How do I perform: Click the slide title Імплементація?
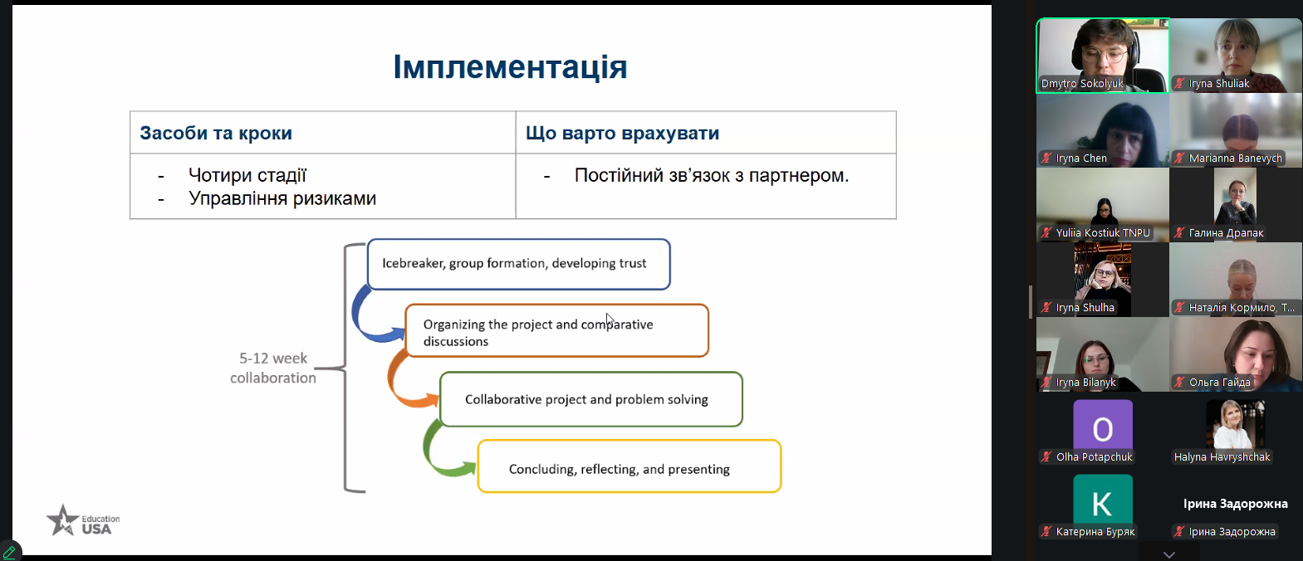(x=509, y=67)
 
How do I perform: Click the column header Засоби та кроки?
(x=216, y=133)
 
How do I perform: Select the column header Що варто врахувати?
(x=622, y=133)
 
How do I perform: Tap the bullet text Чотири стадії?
(x=247, y=175)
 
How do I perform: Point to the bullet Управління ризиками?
(x=282, y=198)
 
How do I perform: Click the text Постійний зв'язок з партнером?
(x=711, y=175)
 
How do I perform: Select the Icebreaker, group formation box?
(x=518, y=264)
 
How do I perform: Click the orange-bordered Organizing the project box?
(x=556, y=331)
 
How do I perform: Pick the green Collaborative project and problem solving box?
(x=590, y=399)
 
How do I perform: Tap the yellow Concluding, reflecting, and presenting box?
(x=629, y=466)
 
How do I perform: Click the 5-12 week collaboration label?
(x=273, y=368)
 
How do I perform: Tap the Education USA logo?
(x=83, y=521)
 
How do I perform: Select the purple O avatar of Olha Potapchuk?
(x=1102, y=427)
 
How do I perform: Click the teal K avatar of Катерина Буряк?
(x=1102, y=501)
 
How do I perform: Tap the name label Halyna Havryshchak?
(x=1222, y=457)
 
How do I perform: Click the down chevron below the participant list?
(x=1168, y=554)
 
